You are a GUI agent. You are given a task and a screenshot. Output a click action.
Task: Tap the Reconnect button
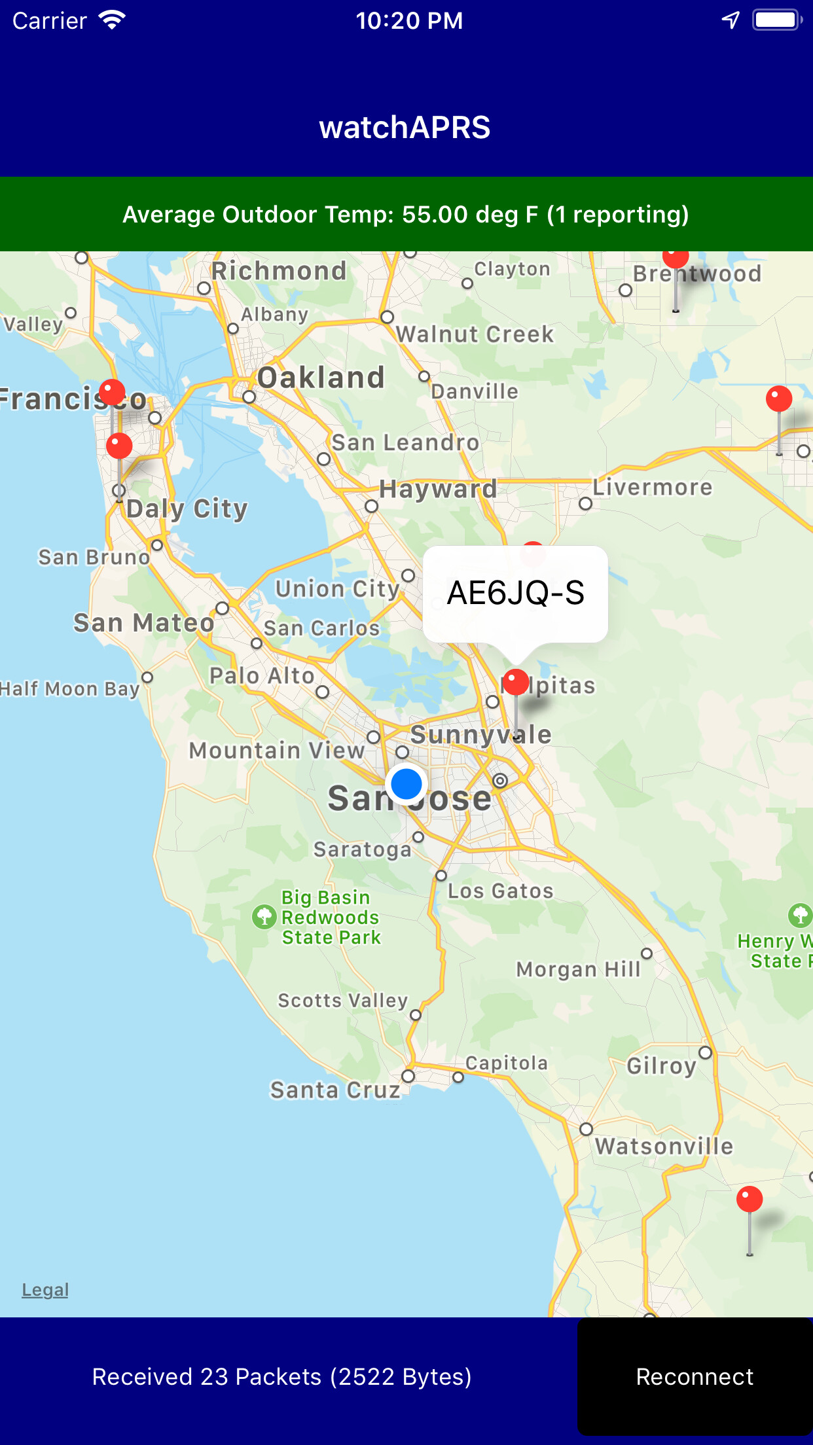point(695,1377)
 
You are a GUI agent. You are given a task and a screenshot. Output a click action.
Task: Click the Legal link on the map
point(45,1290)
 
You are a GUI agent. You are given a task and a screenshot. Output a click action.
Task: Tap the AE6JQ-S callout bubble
point(515,593)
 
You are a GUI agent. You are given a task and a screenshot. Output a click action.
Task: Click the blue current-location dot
point(406,784)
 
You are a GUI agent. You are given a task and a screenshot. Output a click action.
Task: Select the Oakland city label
point(321,378)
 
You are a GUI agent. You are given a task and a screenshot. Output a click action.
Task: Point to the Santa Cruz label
point(335,1090)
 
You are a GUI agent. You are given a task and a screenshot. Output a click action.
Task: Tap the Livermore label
point(652,488)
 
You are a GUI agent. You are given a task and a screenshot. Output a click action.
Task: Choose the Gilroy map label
point(661,1065)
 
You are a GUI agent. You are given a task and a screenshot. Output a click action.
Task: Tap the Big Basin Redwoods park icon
point(264,917)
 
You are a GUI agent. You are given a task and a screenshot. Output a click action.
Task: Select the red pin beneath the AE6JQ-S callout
point(516,683)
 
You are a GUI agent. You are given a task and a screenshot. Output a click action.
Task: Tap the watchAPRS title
point(405,127)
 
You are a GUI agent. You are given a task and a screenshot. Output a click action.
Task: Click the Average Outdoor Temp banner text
point(406,215)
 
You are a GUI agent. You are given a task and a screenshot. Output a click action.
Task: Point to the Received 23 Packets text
point(281,1377)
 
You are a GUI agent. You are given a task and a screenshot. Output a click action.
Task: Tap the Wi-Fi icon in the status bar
point(112,20)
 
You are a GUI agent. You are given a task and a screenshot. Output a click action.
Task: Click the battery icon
point(776,20)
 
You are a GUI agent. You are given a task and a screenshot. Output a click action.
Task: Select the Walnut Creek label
point(475,334)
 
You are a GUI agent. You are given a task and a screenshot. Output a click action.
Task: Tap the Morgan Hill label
point(578,969)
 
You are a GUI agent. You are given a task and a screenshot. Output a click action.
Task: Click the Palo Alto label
point(262,675)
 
